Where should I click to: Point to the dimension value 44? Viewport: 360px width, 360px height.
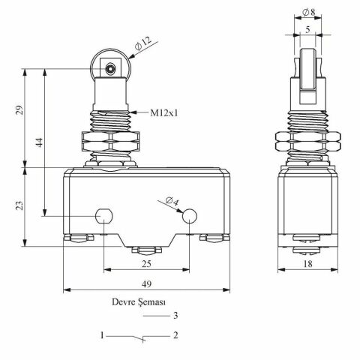pyautogui.click(x=37, y=140)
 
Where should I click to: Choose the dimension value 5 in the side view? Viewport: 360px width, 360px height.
pyautogui.click(x=308, y=31)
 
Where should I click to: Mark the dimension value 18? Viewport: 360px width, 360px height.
pyautogui.click(x=308, y=265)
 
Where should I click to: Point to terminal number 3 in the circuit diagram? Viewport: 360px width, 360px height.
pyautogui.click(x=175, y=316)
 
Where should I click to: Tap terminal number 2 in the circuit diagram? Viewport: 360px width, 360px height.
pyautogui.click(x=175, y=335)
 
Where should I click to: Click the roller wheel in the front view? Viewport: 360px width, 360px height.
pyautogui.click(x=110, y=70)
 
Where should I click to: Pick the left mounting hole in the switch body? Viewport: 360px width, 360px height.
pyautogui.click(x=105, y=217)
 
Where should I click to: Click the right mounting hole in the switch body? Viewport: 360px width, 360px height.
pyautogui.click(x=189, y=217)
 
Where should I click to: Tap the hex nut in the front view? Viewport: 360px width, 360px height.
pyautogui.click(x=110, y=143)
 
